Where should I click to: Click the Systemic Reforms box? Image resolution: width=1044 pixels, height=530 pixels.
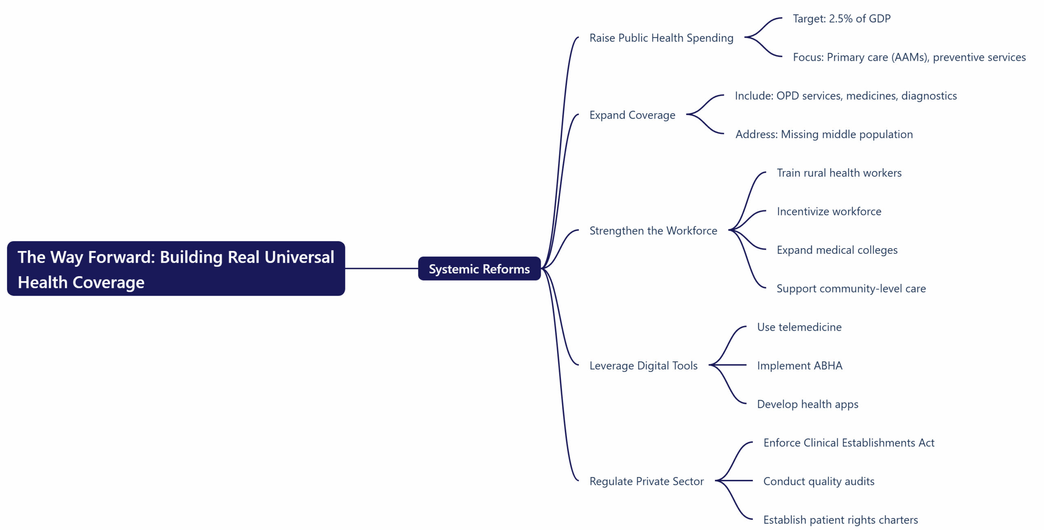pyautogui.click(x=479, y=269)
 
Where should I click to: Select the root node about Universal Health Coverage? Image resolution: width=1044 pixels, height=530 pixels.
pyautogui.click(x=176, y=269)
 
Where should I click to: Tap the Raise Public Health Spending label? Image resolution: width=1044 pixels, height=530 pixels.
pyautogui.click(x=661, y=38)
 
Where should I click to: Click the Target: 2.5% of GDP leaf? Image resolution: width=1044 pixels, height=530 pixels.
pyautogui.click(x=841, y=19)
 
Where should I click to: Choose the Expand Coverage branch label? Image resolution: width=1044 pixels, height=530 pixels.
pyautogui.click(x=632, y=115)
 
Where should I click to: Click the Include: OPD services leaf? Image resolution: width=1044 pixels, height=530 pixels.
pyautogui.click(x=845, y=96)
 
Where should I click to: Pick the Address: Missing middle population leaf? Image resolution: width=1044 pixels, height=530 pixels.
pyautogui.click(x=824, y=134)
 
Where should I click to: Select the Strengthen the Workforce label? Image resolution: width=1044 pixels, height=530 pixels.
pyautogui.click(x=653, y=231)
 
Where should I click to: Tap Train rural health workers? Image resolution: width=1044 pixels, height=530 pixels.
pyautogui.click(x=839, y=173)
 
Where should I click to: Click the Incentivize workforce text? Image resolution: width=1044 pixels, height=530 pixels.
pyautogui.click(x=829, y=211)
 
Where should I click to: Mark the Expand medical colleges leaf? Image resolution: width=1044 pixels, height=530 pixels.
pyautogui.click(x=837, y=250)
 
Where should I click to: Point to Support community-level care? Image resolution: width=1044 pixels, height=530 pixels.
pyautogui.click(x=851, y=289)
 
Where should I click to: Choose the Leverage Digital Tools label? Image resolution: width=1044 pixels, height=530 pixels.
pyautogui.click(x=643, y=366)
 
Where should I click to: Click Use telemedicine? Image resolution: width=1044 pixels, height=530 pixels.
pyautogui.click(x=799, y=327)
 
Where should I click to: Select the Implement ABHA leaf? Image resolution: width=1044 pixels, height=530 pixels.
pyautogui.click(x=799, y=366)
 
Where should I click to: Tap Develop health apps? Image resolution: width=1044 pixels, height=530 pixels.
pyautogui.click(x=807, y=404)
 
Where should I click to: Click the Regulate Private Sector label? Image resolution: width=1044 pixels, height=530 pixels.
pyautogui.click(x=646, y=482)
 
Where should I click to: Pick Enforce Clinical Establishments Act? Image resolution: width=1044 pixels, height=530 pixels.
pyautogui.click(x=849, y=443)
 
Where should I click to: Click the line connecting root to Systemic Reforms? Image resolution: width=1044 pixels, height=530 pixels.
pyautogui.click(x=381, y=268)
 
